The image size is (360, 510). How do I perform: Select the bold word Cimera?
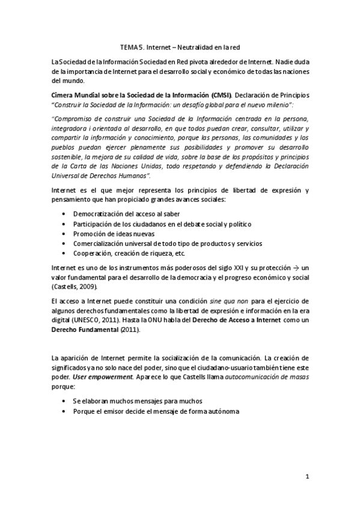[x=65, y=96]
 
